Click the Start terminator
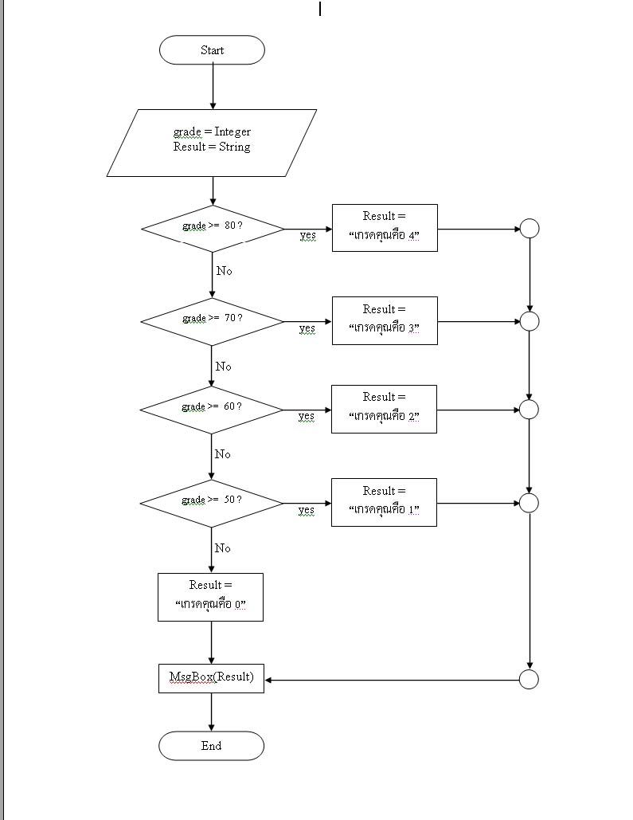(x=212, y=50)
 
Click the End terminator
(x=211, y=746)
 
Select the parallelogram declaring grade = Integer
(x=212, y=143)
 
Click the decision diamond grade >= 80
(x=213, y=228)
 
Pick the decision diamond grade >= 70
(x=212, y=321)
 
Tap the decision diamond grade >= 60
(x=211, y=410)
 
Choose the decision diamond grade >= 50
(x=211, y=503)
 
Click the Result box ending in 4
(x=385, y=228)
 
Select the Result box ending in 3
(x=385, y=320)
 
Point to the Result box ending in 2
(x=384, y=409)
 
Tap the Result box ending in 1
(x=384, y=502)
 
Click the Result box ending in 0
(x=210, y=597)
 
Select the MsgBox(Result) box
(x=211, y=678)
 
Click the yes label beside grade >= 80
(x=307, y=235)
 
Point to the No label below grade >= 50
(x=223, y=548)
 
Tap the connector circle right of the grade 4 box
(x=529, y=229)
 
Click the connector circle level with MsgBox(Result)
(x=529, y=680)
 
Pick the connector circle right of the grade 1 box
(x=529, y=503)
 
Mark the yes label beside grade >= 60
(x=307, y=416)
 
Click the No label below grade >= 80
(x=225, y=271)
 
